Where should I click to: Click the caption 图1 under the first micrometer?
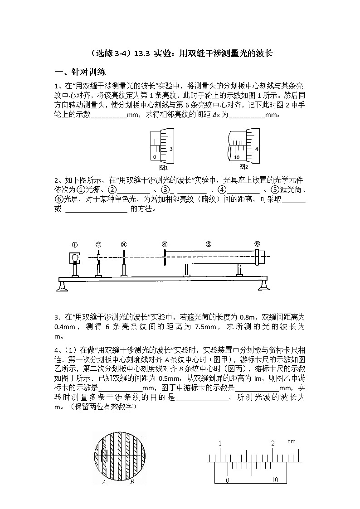(161, 167)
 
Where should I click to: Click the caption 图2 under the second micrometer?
(243, 166)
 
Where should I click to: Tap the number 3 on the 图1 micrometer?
(170, 149)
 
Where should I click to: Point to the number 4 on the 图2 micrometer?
(257, 149)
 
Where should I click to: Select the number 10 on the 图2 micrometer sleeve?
(237, 157)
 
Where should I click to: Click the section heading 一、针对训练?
(80, 72)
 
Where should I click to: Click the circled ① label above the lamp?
(75, 244)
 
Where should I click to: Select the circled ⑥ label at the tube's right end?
(257, 243)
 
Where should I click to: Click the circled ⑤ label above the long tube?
(208, 244)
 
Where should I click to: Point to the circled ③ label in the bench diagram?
(124, 244)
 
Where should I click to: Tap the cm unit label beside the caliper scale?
(291, 441)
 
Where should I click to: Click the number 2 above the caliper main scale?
(273, 443)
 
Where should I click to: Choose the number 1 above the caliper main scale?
(220, 443)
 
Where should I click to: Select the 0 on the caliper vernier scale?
(228, 480)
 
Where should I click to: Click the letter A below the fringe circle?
(104, 482)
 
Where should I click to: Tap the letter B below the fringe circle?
(131, 482)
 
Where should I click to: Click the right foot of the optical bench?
(263, 286)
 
